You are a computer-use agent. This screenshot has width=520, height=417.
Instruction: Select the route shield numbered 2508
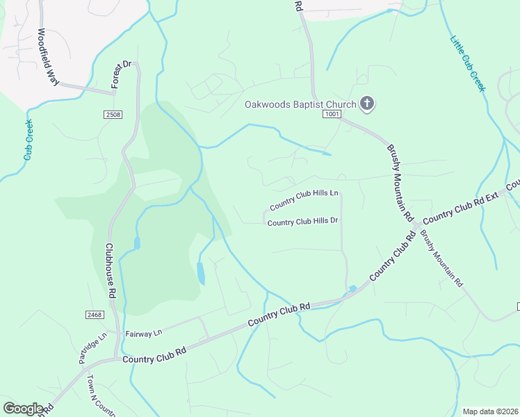(114, 114)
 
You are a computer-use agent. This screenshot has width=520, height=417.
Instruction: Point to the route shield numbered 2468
(95, 315)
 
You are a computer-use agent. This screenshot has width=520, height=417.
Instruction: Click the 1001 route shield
(332, 115)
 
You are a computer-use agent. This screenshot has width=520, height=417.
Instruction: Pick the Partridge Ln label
(92, 348)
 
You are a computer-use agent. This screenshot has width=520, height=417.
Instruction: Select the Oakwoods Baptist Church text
(300, 105)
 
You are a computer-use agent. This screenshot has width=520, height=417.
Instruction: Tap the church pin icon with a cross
(367, 104)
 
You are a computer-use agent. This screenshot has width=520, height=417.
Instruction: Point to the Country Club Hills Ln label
(304, 199)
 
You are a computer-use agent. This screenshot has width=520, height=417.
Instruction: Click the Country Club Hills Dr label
(302, 222)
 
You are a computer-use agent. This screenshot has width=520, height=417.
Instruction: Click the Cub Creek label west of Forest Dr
(29, 140)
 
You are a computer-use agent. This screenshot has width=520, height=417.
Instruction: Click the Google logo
(23, 409)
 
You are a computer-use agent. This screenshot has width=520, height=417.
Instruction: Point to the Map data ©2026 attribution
(490, 411)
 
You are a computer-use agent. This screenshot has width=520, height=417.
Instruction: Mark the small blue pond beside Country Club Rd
(352, 288)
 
